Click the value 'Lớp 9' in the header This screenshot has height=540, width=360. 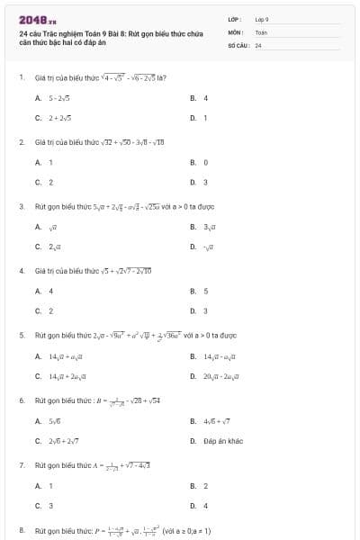[x=262, y=18]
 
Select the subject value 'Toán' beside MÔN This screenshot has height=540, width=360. [x=261, y=31]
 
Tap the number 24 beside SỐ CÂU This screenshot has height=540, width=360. [x=258, y=44]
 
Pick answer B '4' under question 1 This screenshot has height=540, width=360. [x=205, y=98]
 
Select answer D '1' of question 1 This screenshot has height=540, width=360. [x=205, y=117]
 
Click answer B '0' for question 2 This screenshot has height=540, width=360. [x=205, y=162]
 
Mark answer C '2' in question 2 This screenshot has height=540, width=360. [x=50, y=181]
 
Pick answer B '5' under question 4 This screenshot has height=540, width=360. [x=205, y=291]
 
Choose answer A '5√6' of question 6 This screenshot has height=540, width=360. [x=54, y=420]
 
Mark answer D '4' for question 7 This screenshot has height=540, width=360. [x=205, y=505]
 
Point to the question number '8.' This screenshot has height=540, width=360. [x=22, y=530]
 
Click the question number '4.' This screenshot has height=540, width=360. [x=22, y=270]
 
